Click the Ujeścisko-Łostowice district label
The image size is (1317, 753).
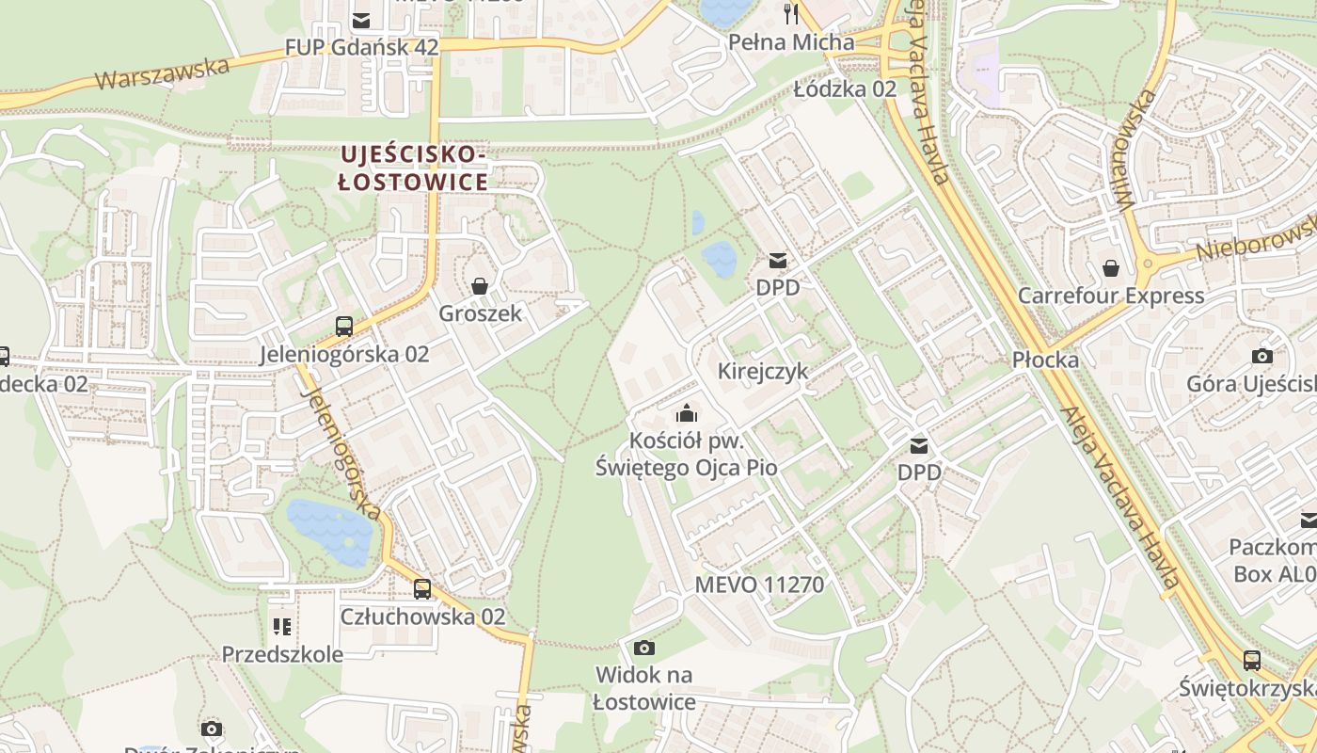tap(414, 168)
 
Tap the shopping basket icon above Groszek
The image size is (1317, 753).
tap(480, 286)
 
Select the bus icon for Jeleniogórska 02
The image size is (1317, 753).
tap(344, 327)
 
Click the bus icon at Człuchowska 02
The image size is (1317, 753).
tap(422, 589)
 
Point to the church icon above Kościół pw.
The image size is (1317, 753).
tap(687, 413)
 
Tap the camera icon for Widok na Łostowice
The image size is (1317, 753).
tap(644, 648)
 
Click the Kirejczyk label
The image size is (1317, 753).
tap(763, 371)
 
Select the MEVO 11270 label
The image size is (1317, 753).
tap(759, 585)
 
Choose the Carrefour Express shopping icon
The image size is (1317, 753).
tap(1111, 268)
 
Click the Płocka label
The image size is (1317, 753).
tap(1046, 360)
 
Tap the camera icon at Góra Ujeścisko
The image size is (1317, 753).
tap(1262, 356)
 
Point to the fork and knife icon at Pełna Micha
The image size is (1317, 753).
tap(791, 13)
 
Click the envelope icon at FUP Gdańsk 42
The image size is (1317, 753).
tap(361, 20)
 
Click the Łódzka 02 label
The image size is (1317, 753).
tap(845, 89)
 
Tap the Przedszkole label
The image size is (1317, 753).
tap(282, 653)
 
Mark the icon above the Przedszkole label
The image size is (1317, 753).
tap(281, 626)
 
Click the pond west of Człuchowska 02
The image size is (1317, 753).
tap(328, 533)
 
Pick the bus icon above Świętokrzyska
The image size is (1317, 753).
tap(1251, 661)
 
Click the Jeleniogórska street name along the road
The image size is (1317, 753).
tap(342, 454)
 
